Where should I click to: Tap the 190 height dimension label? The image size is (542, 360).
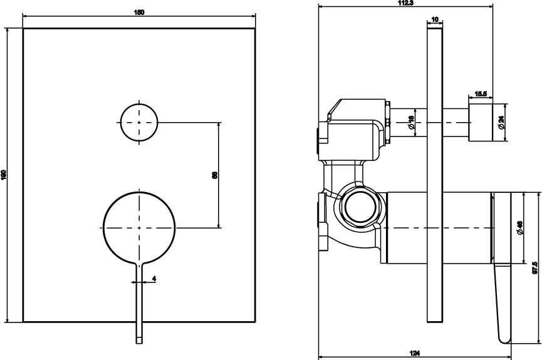click(4, 175)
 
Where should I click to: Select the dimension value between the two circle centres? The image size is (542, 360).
click(214, 176)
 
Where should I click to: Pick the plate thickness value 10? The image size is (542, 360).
click(435, 19)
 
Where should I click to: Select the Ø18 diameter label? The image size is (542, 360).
click(411, 123)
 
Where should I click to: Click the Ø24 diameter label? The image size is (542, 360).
click(501, 123)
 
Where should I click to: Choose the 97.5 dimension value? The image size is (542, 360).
click(534, 267)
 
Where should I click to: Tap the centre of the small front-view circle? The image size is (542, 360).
click(139, 121)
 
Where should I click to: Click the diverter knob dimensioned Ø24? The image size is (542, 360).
click(479, 123)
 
